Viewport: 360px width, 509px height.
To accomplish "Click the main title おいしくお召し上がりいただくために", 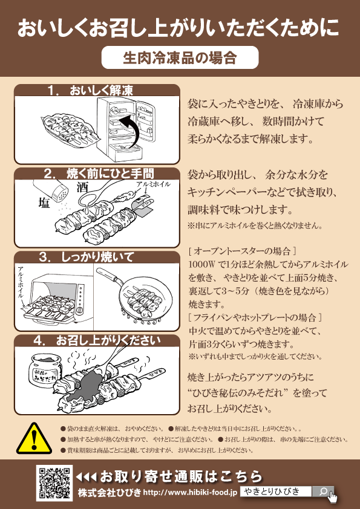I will [180, 28].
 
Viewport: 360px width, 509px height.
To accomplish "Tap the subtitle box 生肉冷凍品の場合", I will [180, 58].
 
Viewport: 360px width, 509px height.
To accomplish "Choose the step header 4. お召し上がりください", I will [97, 340].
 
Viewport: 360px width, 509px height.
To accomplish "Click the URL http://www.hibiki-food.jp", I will [190, 493].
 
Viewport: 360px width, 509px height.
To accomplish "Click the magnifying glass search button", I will [323, 491].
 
